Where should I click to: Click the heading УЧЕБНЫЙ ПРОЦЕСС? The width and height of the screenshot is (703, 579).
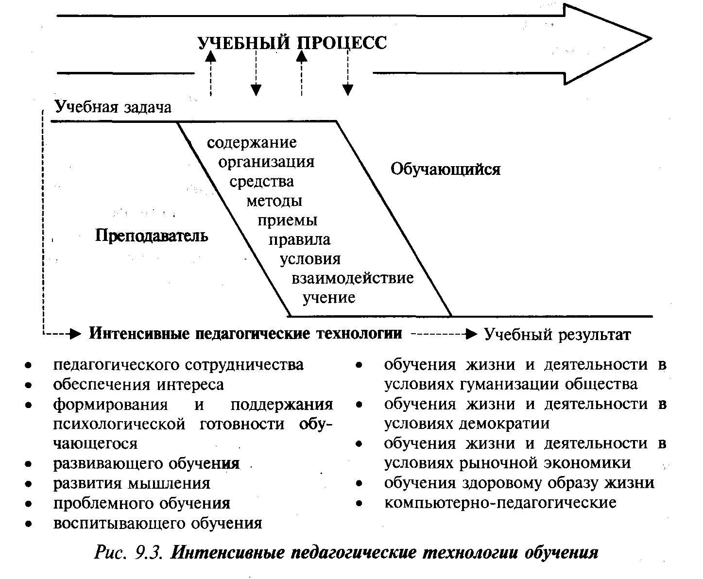tap(292, 43)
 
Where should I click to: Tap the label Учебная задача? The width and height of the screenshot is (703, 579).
tap(113, 106)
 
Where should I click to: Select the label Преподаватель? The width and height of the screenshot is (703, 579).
tap(152, 236)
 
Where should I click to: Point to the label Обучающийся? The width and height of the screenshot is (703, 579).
tap(446, 169)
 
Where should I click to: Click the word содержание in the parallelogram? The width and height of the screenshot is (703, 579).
tap(252, 142)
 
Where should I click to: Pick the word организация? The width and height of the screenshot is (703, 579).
tap(266, 162)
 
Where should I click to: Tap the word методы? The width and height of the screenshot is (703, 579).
tap(274, 201)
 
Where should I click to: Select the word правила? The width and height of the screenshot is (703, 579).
tap(300, 239)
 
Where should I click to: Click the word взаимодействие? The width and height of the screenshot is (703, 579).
tap(353, 278)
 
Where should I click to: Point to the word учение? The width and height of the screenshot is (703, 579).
tap(329, 297)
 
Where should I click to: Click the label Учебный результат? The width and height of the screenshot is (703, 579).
tap(557, 335)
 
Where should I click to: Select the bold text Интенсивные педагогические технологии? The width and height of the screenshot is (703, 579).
tap(245, 334)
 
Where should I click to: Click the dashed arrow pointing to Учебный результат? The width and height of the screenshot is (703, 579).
tap(443, 334)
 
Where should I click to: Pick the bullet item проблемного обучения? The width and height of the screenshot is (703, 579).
tap(141, 503)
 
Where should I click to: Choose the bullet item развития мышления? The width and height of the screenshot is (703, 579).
tap(132, 483)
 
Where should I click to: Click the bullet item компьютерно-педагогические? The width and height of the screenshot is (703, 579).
tap(500, 502)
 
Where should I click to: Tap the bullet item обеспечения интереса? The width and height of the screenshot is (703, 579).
tap(138, 385)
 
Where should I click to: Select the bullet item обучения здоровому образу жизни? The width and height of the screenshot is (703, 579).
tap(519, 483)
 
